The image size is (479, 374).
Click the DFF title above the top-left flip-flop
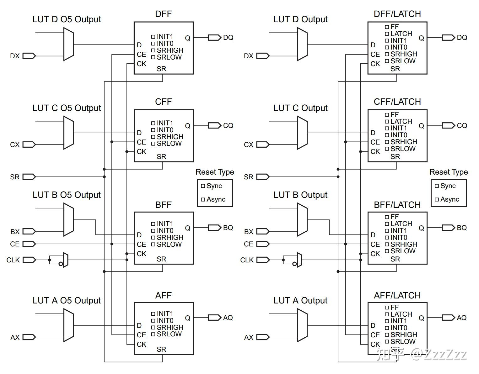coord(163,14)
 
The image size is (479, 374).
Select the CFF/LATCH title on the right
coord(397,102)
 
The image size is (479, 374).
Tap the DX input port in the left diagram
coord(29,56)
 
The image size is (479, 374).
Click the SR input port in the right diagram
coord(263,177)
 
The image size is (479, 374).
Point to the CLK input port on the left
coord(29,260)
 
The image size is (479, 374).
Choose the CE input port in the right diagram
coord(263,244)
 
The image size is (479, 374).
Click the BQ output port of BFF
coord(215,228)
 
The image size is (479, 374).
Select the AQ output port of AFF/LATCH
coord(448,318)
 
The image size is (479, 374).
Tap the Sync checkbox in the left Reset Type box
coord(203,186)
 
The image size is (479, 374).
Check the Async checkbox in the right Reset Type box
coord(437,199)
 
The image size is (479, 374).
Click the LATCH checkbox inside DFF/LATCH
coord(387,34)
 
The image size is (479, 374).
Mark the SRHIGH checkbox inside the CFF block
coord(153,137)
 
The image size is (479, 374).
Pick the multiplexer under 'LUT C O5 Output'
coord(68,133)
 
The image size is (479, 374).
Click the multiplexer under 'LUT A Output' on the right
coord(302,325)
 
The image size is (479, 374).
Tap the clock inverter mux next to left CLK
coord(66,260)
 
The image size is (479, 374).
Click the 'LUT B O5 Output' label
coord(67,195)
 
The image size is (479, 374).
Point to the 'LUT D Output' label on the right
coord(300,19)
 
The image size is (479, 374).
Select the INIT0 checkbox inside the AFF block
coord(153,321)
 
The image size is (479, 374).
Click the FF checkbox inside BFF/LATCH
coord(387,217)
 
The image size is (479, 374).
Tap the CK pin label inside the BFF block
coord(141,254)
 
